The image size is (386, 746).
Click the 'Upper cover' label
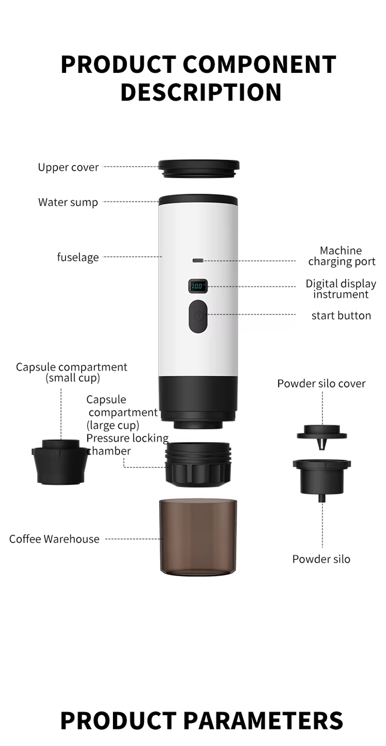click(x=68, y=167)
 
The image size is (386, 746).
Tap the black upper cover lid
click(x=199, y=169)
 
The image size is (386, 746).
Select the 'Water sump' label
click(x=68, y=202)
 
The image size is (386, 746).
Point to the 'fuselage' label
click(x=78, y=257)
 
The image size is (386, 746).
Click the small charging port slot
click(x=198, y=260)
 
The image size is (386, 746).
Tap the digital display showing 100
click(x=198, y=286)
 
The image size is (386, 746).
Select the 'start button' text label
click(x=341, y=315)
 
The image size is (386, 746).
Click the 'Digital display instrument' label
click(x=341, y=289)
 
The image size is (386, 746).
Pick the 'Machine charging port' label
click(x=342, y=256)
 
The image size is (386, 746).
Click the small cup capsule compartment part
click(x=60, y=462)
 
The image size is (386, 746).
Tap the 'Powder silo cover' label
click(x=321, y=383)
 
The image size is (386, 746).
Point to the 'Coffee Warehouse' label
click(x=54, y=539)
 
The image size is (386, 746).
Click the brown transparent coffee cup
click(x=198, y=537)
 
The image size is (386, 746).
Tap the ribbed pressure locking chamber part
click(x=198, y=464)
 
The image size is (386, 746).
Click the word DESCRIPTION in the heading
click(x=201, y=92)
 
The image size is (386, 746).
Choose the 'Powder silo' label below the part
click(x=321, y=559)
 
